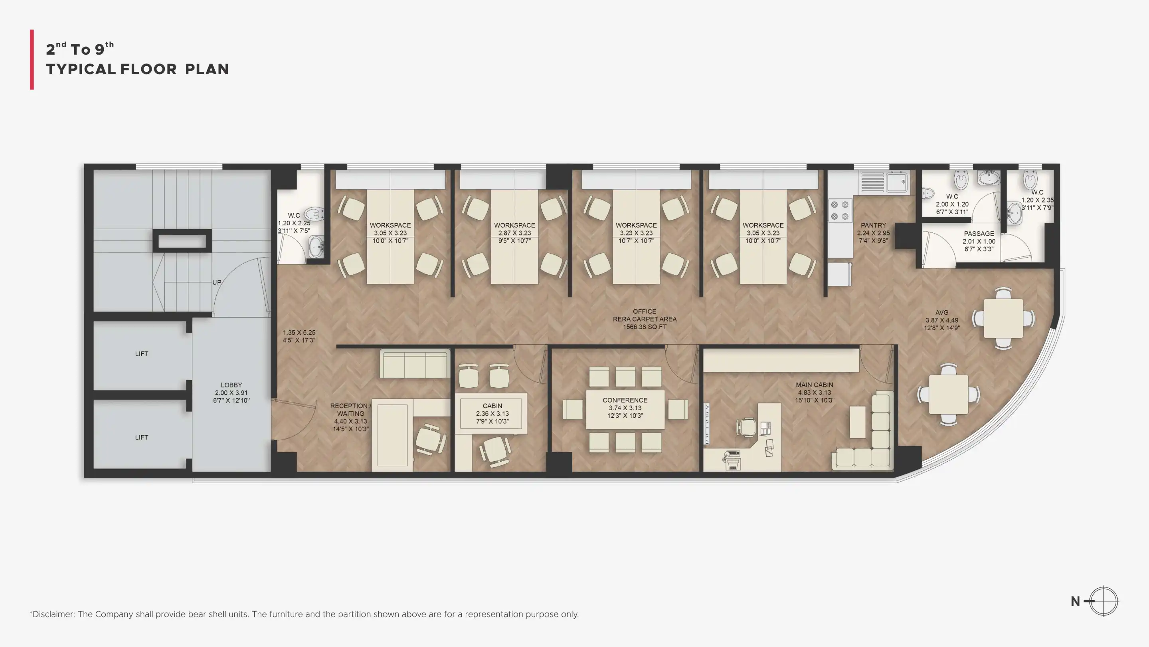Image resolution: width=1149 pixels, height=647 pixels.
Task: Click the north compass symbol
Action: coord(1103,601)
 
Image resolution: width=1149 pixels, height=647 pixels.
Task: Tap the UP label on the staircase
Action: coord(217,282)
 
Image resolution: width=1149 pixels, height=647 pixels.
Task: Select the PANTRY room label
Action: coord(873,225)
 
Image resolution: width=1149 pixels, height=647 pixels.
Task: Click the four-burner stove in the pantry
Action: coord(840,210)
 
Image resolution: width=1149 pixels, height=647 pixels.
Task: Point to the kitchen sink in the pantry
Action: coord(884,182)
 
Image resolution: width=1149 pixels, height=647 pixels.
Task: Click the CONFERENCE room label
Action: coord(625,400)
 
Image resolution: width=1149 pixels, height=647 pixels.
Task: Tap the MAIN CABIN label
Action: coord(815,385)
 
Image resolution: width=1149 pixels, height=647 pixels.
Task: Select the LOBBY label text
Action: coord(231,385)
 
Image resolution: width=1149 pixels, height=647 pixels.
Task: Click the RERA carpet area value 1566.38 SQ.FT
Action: coord(645,327)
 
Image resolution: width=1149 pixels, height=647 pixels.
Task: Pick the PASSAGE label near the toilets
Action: coord(979,234)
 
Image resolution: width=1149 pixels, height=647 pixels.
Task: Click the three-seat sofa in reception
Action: coord(415,364)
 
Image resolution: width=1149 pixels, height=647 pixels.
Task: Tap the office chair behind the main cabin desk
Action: coord(746,427)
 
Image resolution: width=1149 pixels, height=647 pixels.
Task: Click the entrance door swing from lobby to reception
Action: coord(293,420)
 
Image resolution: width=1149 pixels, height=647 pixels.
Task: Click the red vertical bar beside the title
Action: coord(32,60)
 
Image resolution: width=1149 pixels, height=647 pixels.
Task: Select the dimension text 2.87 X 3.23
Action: coord(514,233)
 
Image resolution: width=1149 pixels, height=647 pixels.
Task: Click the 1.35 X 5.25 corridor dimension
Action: coord(299,332)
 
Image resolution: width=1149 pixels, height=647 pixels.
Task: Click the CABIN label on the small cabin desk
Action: coord(492,406)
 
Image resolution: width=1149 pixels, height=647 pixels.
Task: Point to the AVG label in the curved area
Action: coord(941,313)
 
